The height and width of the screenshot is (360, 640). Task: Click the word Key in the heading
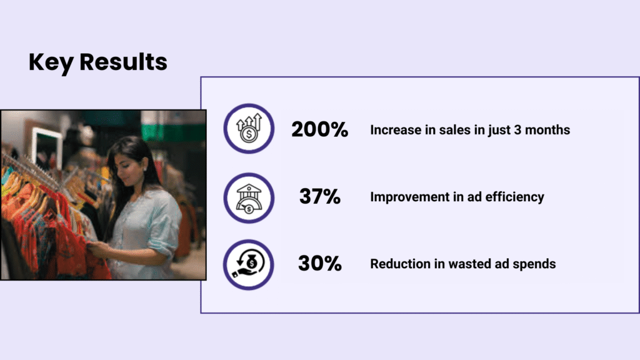click(x=51, y=62)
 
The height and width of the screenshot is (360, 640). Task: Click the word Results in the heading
click(x=123, y=62)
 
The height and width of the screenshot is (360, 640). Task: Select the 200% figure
click(x=319, y=129)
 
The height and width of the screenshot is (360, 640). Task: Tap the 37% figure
click(x=319, y=196)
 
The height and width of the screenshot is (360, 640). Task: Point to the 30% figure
click(x=319, y=263)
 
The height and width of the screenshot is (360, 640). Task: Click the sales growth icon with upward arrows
click(x=249, y=129)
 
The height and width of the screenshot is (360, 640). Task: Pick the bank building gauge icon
click(x=249, y=198)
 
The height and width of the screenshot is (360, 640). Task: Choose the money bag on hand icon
click(x=249, y=264)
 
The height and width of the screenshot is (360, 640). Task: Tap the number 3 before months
click(x=517, y=130)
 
